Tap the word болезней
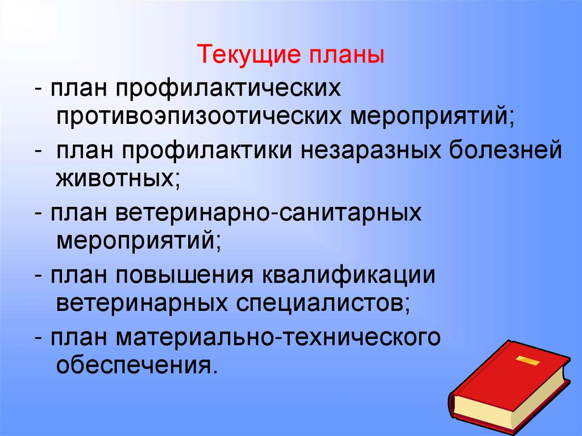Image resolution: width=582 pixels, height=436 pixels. pos(505,152)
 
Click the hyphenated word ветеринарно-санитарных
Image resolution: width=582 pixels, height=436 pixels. pos(270,213)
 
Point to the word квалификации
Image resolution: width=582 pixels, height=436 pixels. pos(348,277)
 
